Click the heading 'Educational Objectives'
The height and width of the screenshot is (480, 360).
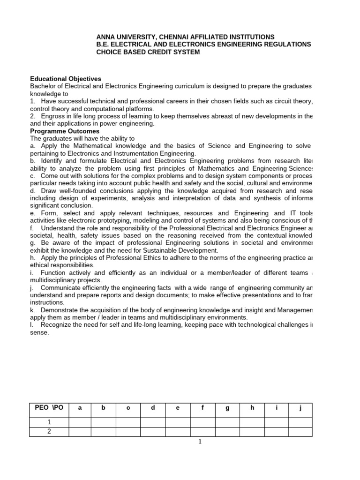coord(66,79)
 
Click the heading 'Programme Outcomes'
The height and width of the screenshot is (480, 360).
coord(65,131)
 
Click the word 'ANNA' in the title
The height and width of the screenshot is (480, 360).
coord(106,37)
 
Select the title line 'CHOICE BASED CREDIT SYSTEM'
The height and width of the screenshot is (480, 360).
coord(148,52)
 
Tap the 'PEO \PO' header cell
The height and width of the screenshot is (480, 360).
coord(49,408)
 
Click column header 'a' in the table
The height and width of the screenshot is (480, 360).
coord(80,408)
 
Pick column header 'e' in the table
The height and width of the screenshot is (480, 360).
coord(178,408)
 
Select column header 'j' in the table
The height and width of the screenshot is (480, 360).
coord(300,408)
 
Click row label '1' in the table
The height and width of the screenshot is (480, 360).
coord(49,422)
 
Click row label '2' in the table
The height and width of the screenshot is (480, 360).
coord(49,431)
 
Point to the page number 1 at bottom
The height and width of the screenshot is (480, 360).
coord(199,441)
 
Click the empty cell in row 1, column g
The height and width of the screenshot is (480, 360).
coord(227,422)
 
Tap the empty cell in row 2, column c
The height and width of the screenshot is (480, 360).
coord(128,431)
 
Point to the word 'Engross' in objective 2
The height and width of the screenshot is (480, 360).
coord(52,116)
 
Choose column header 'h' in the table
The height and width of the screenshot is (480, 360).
coord(252,408)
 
